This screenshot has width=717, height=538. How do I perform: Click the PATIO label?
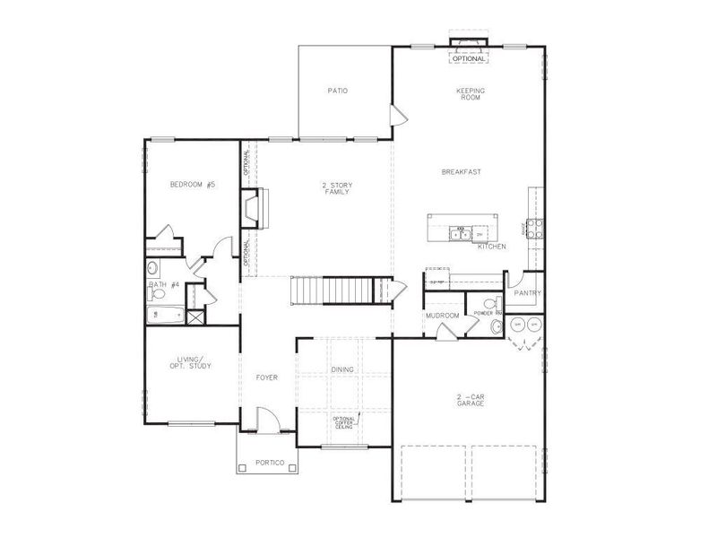coord(337,91)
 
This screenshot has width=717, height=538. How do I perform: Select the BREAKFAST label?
coord(462,171)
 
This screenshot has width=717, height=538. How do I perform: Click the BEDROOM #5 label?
coord(193,185)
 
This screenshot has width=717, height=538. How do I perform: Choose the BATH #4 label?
coord(164,285)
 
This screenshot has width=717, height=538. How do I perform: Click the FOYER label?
coord(266,377)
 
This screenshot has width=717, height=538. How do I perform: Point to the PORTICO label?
coord(270,463)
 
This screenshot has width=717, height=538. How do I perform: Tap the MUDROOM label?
coord(442,316)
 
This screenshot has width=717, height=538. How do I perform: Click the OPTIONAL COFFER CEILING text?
coord(344,422)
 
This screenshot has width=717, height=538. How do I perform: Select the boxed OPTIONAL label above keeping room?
coord(469,58)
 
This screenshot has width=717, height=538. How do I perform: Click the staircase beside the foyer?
coord(332,291)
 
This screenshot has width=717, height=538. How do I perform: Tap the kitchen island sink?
coord(460,236)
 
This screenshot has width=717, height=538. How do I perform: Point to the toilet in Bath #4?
coord(153,267)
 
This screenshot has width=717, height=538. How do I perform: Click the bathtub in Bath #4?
coord(166,315)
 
